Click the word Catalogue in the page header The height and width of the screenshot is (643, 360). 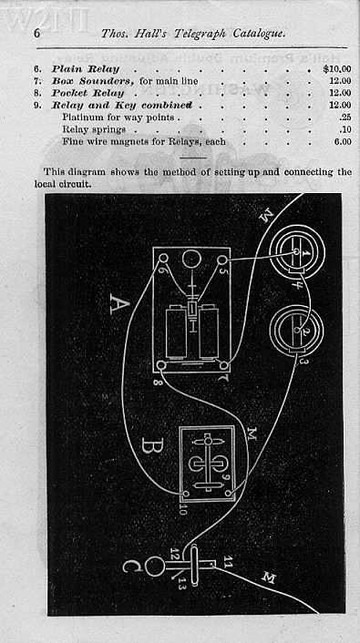coord(254,33)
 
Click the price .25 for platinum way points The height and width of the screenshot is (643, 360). coord(345,117)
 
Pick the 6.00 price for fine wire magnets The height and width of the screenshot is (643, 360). coord(342,142)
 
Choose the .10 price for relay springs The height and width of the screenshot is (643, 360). coord(345,130)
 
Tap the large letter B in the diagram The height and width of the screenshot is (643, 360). coord(153,447)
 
